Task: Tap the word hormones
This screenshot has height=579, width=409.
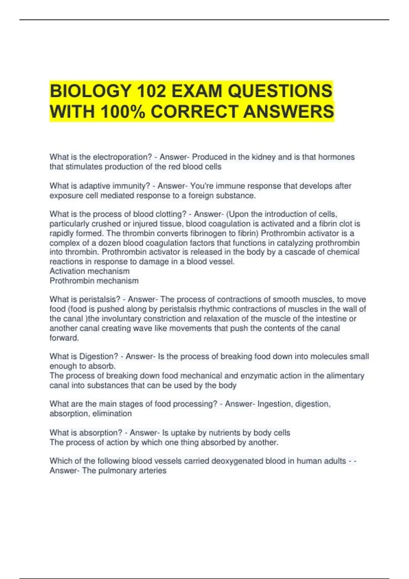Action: [336, 157]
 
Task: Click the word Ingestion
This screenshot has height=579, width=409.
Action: [275, 404]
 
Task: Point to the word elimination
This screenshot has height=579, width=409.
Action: [112, 413]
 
